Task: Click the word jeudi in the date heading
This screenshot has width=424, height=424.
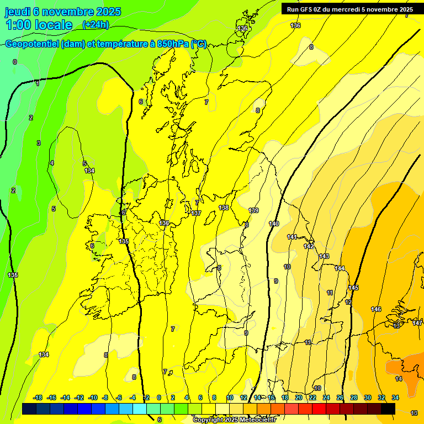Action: pyautogui.click(x=19, y=12)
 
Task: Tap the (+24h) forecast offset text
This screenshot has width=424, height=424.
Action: pyautogui.click(x=96, y=24)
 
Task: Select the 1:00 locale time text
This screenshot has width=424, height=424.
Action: pyautogui.click(x=39, y=25)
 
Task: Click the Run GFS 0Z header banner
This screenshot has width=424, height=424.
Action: pyautogui.click(x=349, y=9)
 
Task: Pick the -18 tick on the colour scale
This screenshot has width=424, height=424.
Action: pyautogui.click(x=38, y=397)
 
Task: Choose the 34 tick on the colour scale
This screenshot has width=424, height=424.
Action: pyautogui.click(x=395, y=397)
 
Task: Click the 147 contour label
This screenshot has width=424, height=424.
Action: pyautogui.click(x=417, y=323)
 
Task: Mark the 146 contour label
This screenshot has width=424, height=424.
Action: pyautogui.click(x=376, y=309)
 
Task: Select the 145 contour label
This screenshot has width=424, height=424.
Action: pyautogui.click(x=353, y=288)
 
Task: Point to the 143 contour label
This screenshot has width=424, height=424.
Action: pyautogui.click(x=324, y=256)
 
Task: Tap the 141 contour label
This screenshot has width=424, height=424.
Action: pyautogui.click(x=292, y=237)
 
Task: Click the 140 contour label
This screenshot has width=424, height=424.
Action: pyautogui.click(x=274, y=223)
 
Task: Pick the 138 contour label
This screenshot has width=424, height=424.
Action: pyautogui.click(x=224, y=208)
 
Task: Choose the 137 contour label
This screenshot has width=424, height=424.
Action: pyautogui.click(x=196, y=213)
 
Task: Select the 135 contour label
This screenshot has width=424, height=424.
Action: pyautogui.click(x=124, y=241)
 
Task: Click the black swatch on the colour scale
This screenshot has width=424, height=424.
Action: pyautogui.click(x=388, y=409)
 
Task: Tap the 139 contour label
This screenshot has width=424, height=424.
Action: pyautogui.click(x=253, y=210)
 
